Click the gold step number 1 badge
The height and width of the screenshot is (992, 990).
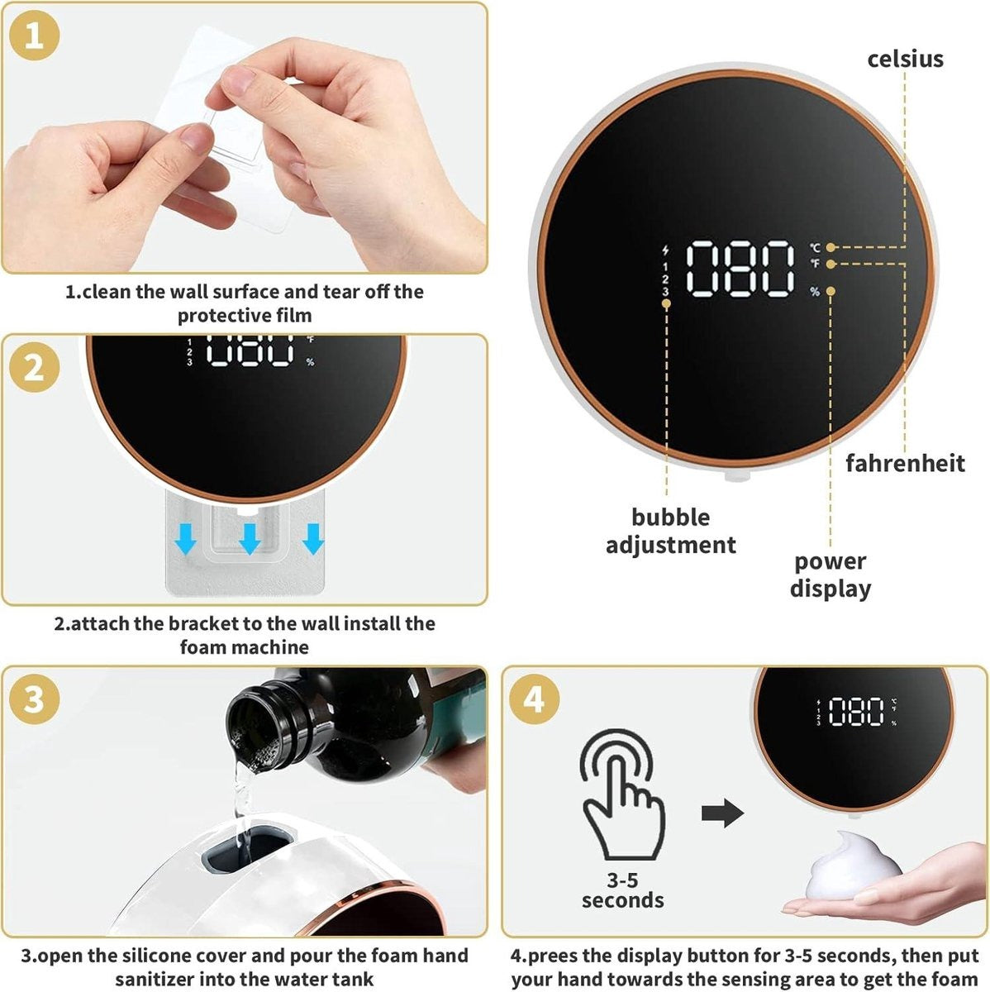[x=34, y=36]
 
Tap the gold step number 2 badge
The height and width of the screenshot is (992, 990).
[x=34, y=368]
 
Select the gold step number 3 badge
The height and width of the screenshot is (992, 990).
[x=34, y=699]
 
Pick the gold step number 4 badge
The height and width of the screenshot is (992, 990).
[x=534, y=700]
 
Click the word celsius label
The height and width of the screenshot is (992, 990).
[x=905, y=60]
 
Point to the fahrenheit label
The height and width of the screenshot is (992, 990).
[x=905, y=463]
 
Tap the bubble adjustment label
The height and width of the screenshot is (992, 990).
[x=670, y=531]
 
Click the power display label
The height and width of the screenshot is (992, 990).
[x=830, y=575]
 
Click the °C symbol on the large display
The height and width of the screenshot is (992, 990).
[x=815, y=248]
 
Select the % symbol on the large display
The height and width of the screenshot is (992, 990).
[x=815, y=292]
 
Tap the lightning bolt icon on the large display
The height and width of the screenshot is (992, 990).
[x=665, y=250]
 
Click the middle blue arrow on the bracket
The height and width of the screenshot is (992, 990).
[x=250, y=539]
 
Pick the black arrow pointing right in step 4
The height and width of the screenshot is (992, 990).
[x=722, y=813]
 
